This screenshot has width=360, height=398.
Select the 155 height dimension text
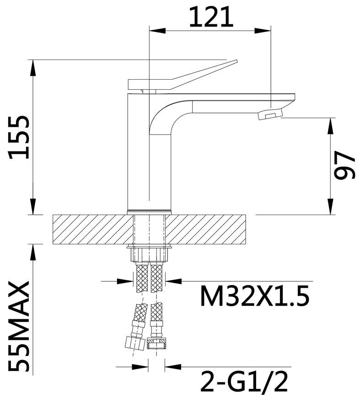[x=19, y=137]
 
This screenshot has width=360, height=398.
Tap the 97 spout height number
[x=344, y=165]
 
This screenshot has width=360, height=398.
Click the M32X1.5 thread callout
[x=255, y=296]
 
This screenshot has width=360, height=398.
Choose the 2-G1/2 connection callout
[x=244, y=382]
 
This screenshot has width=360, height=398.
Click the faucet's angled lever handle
[x=182, y=75]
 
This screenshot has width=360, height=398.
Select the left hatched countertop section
[x=93, y=230]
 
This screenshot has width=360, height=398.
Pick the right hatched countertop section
[x=206, y=230]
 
